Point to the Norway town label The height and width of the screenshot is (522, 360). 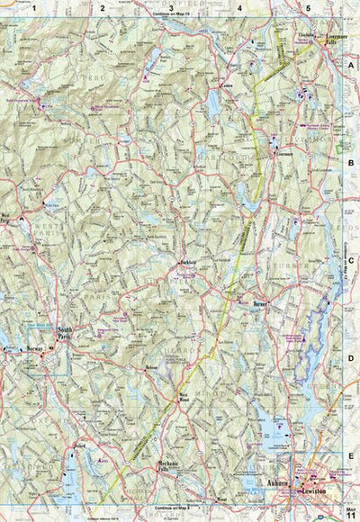(x=34, y=346)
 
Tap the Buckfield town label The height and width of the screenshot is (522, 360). (x=187, y=262)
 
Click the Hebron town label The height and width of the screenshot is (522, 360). (x=151, y=368)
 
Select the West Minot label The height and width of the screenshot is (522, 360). (x=185, y=396)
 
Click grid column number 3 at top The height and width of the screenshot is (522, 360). (x=171, y=8)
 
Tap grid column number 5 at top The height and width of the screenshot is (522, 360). (x=309, y=8)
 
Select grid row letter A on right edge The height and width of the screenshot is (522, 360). (x=351, y=67)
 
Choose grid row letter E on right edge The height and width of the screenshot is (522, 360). (x=351, y=456)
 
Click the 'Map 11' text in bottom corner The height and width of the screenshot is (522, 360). (x=351, y=511)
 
